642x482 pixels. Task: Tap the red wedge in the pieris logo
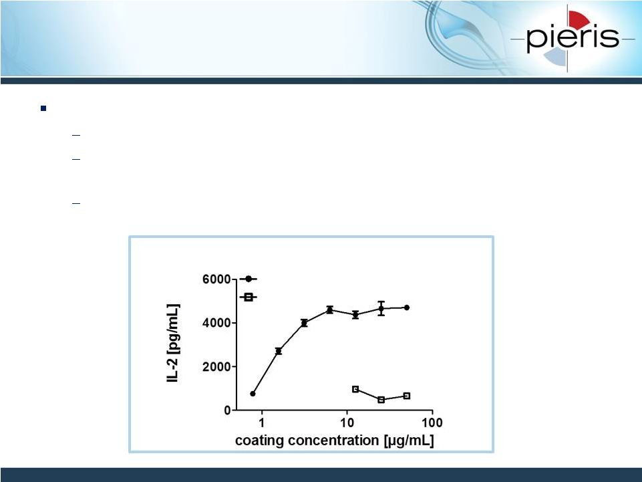579,19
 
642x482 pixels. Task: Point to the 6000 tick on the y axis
216,279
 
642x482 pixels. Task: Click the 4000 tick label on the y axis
216,323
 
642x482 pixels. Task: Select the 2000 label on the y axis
216,367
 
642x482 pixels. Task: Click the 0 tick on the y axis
227,410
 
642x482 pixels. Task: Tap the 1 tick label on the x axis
261,423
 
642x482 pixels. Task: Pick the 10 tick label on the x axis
347,423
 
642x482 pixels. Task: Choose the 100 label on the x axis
432,423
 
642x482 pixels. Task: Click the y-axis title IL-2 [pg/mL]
173,344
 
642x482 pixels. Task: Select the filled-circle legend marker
248,279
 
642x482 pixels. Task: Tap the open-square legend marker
248,297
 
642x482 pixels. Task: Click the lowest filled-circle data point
253,394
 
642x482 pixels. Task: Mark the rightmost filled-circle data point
407,308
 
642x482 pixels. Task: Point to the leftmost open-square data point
355,389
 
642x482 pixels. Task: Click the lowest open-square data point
381,400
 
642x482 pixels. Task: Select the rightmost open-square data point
407,396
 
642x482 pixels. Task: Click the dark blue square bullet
43,108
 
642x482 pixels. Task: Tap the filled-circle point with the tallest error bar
381,308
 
